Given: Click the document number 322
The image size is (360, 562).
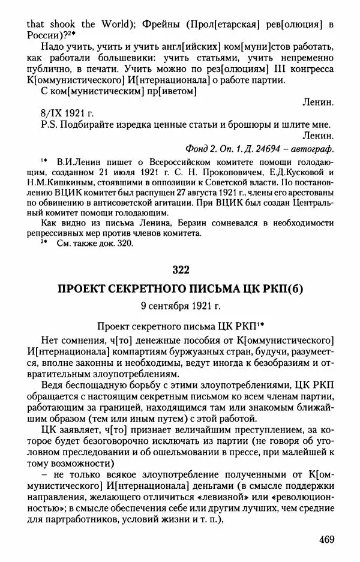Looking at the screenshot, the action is tap(180, 268).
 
